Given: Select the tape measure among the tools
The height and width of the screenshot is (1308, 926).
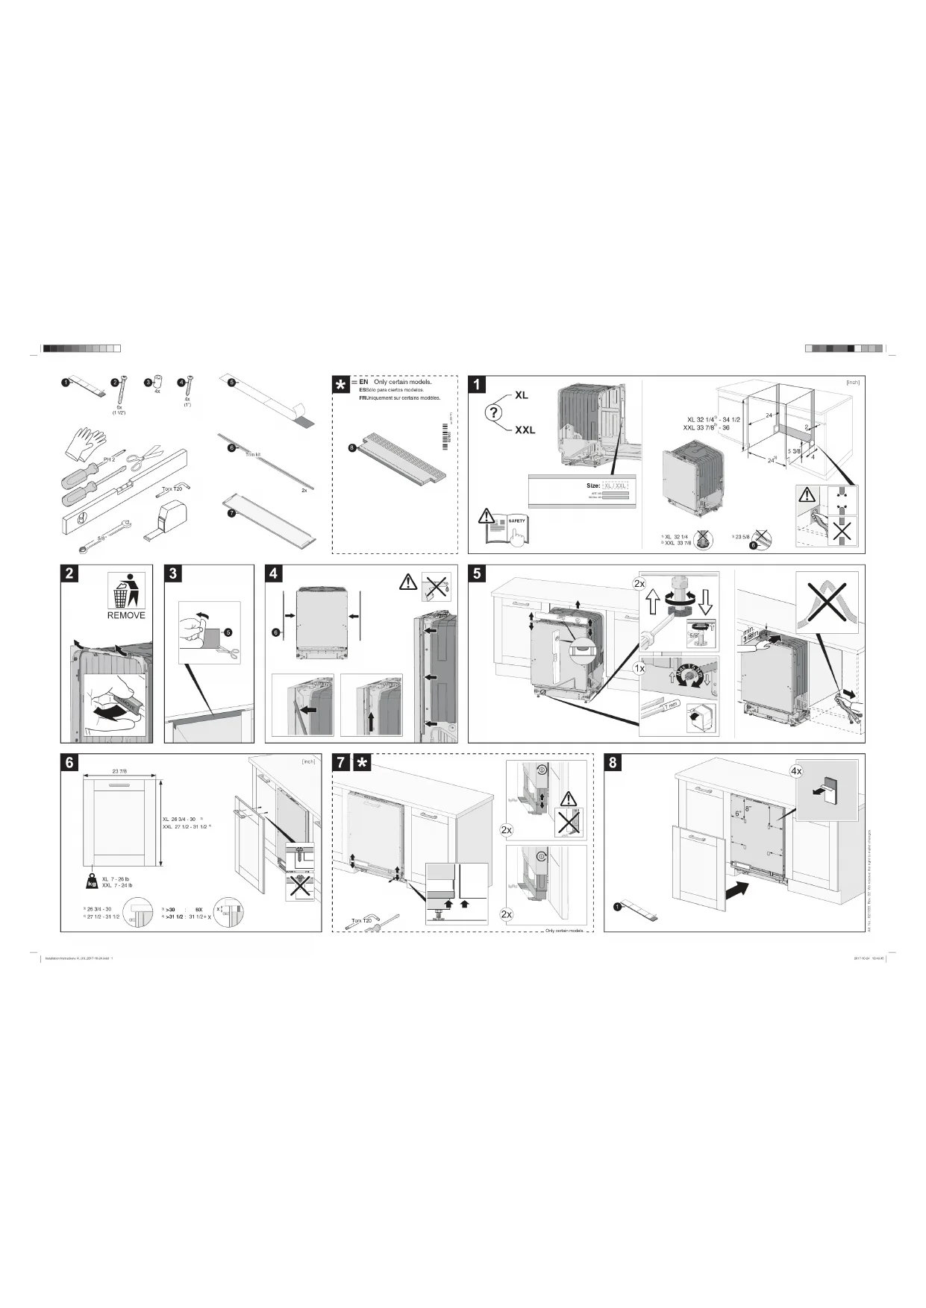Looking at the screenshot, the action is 169,515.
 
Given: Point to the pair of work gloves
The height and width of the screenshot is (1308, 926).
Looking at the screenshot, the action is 84,444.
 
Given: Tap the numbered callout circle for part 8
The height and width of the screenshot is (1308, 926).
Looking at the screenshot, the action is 351,447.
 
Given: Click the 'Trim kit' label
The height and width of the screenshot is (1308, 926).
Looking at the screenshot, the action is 252,455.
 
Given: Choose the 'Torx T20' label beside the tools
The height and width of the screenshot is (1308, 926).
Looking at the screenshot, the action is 172,489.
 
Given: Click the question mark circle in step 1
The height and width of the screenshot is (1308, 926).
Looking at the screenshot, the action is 494,412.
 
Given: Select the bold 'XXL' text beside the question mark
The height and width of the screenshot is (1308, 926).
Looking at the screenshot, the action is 525,430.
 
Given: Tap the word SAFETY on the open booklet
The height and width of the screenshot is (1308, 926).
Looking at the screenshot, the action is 516,521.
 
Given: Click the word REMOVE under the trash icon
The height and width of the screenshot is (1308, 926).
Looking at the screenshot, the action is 126,615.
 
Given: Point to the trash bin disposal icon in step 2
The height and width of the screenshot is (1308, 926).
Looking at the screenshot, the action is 126,591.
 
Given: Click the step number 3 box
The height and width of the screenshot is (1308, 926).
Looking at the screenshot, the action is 173,573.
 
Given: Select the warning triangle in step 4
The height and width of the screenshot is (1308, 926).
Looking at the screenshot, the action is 408,582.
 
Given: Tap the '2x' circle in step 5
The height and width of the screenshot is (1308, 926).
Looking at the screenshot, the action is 639,583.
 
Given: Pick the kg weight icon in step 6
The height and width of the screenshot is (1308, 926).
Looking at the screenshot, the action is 91,881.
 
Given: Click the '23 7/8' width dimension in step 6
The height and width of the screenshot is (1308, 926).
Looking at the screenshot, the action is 119,771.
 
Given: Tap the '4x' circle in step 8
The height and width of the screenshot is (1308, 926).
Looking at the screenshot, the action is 796,770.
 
